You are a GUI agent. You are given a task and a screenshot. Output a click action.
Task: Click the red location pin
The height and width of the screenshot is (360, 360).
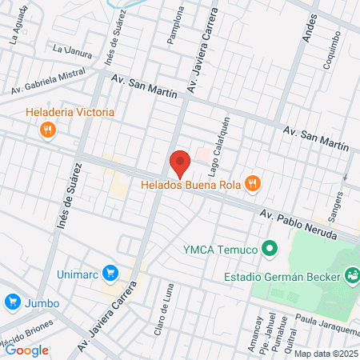click(180, 164)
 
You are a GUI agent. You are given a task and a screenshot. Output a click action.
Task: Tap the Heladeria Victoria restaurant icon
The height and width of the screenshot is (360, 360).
click(48, 130)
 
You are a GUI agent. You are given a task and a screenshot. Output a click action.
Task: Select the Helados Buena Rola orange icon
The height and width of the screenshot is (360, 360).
click(253, 185)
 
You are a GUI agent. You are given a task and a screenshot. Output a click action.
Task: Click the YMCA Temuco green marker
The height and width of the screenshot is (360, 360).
click(270, 249)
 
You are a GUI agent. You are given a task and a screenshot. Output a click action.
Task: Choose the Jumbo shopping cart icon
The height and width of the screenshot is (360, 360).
click(12, 302)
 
